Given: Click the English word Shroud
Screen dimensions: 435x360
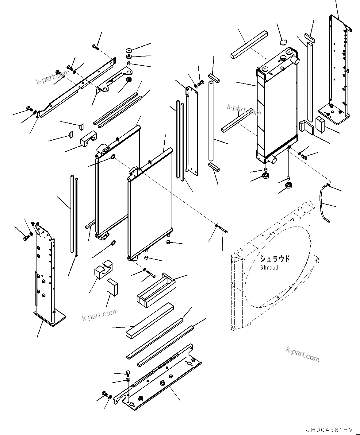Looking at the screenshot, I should pos(269,267).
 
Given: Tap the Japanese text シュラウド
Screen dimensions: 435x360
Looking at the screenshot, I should pos(274,259).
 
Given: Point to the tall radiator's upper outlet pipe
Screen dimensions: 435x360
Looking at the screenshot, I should pos(295,60).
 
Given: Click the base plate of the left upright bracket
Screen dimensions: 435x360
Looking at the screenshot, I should pos(49,317).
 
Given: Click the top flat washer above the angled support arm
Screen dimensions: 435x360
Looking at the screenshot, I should pos(128,50).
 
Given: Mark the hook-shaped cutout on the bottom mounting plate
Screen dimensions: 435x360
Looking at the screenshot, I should pos(124,399).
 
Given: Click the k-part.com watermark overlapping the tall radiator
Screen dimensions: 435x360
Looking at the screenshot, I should pos(244,109).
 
